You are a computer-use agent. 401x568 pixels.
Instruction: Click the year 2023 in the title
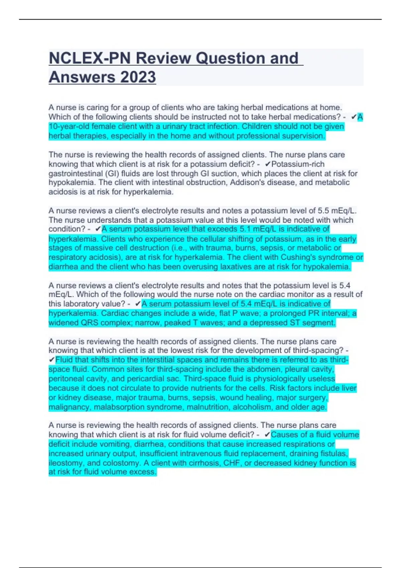[x=138, y=77]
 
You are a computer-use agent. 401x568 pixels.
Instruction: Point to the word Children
[x=258, y=127]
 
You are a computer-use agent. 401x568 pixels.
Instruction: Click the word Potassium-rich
[x=298, y=164]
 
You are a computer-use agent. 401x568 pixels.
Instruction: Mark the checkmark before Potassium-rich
[x=267, y=164]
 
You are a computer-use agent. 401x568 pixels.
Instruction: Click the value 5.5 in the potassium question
[x=323, y=211]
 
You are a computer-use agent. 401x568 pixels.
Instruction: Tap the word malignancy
[x=70, y=407]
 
